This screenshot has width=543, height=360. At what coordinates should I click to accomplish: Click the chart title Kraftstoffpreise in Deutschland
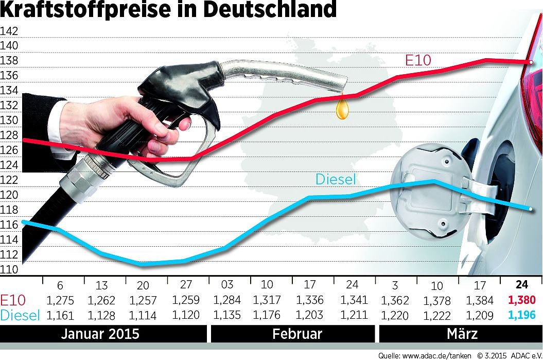click(169, 9)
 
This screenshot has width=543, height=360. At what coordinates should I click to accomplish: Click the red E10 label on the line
click(418, 60)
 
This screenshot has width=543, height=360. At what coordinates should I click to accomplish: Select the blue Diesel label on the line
click(336, 179)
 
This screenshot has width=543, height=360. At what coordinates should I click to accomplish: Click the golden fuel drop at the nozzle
click(342, 109)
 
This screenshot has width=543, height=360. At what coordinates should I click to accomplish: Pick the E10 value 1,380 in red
click(522, 300)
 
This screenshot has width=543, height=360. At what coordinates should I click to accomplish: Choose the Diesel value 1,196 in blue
click(522, 315)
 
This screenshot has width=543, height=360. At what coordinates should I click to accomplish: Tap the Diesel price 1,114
click(143, 315)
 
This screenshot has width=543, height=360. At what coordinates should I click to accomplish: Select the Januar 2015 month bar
click(100, 333)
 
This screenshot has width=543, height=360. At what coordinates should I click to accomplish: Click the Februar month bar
click(297, 333)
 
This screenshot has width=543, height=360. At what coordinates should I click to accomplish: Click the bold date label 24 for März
click(521, 284)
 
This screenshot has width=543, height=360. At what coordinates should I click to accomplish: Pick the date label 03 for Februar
click(227, 285)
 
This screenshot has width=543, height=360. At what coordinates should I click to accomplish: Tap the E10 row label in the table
click(12, 300)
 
